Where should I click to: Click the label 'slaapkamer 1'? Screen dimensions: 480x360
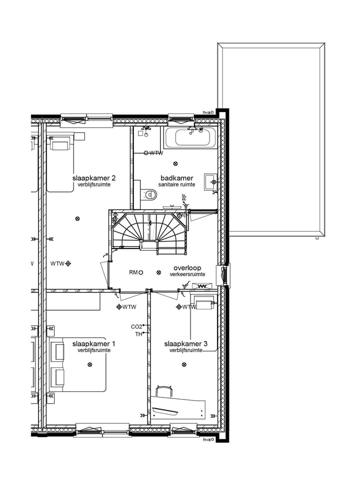94,343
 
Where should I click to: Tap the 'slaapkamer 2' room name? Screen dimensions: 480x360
94,177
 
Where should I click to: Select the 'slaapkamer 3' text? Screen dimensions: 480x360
185,344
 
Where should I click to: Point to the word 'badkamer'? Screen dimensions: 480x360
176,177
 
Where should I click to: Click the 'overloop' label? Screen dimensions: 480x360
187,267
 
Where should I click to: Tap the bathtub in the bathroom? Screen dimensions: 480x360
192,136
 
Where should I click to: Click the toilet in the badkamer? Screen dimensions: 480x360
149,194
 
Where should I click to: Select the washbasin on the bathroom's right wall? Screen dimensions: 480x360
210,181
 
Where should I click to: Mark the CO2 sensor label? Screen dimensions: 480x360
136,326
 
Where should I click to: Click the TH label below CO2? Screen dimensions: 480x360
138,334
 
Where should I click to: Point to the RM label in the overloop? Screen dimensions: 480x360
133,272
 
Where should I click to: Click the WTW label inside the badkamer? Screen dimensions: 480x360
156,153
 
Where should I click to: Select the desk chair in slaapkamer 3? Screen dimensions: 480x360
164,391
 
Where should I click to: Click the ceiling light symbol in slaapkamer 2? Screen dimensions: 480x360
76,218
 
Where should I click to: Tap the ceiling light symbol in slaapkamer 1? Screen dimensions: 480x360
89,364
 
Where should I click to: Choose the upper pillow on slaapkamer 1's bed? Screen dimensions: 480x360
57,352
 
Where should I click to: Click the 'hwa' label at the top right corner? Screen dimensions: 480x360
206,112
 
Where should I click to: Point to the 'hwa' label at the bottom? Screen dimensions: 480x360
206,439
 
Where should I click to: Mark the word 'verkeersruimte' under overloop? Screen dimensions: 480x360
187,274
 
